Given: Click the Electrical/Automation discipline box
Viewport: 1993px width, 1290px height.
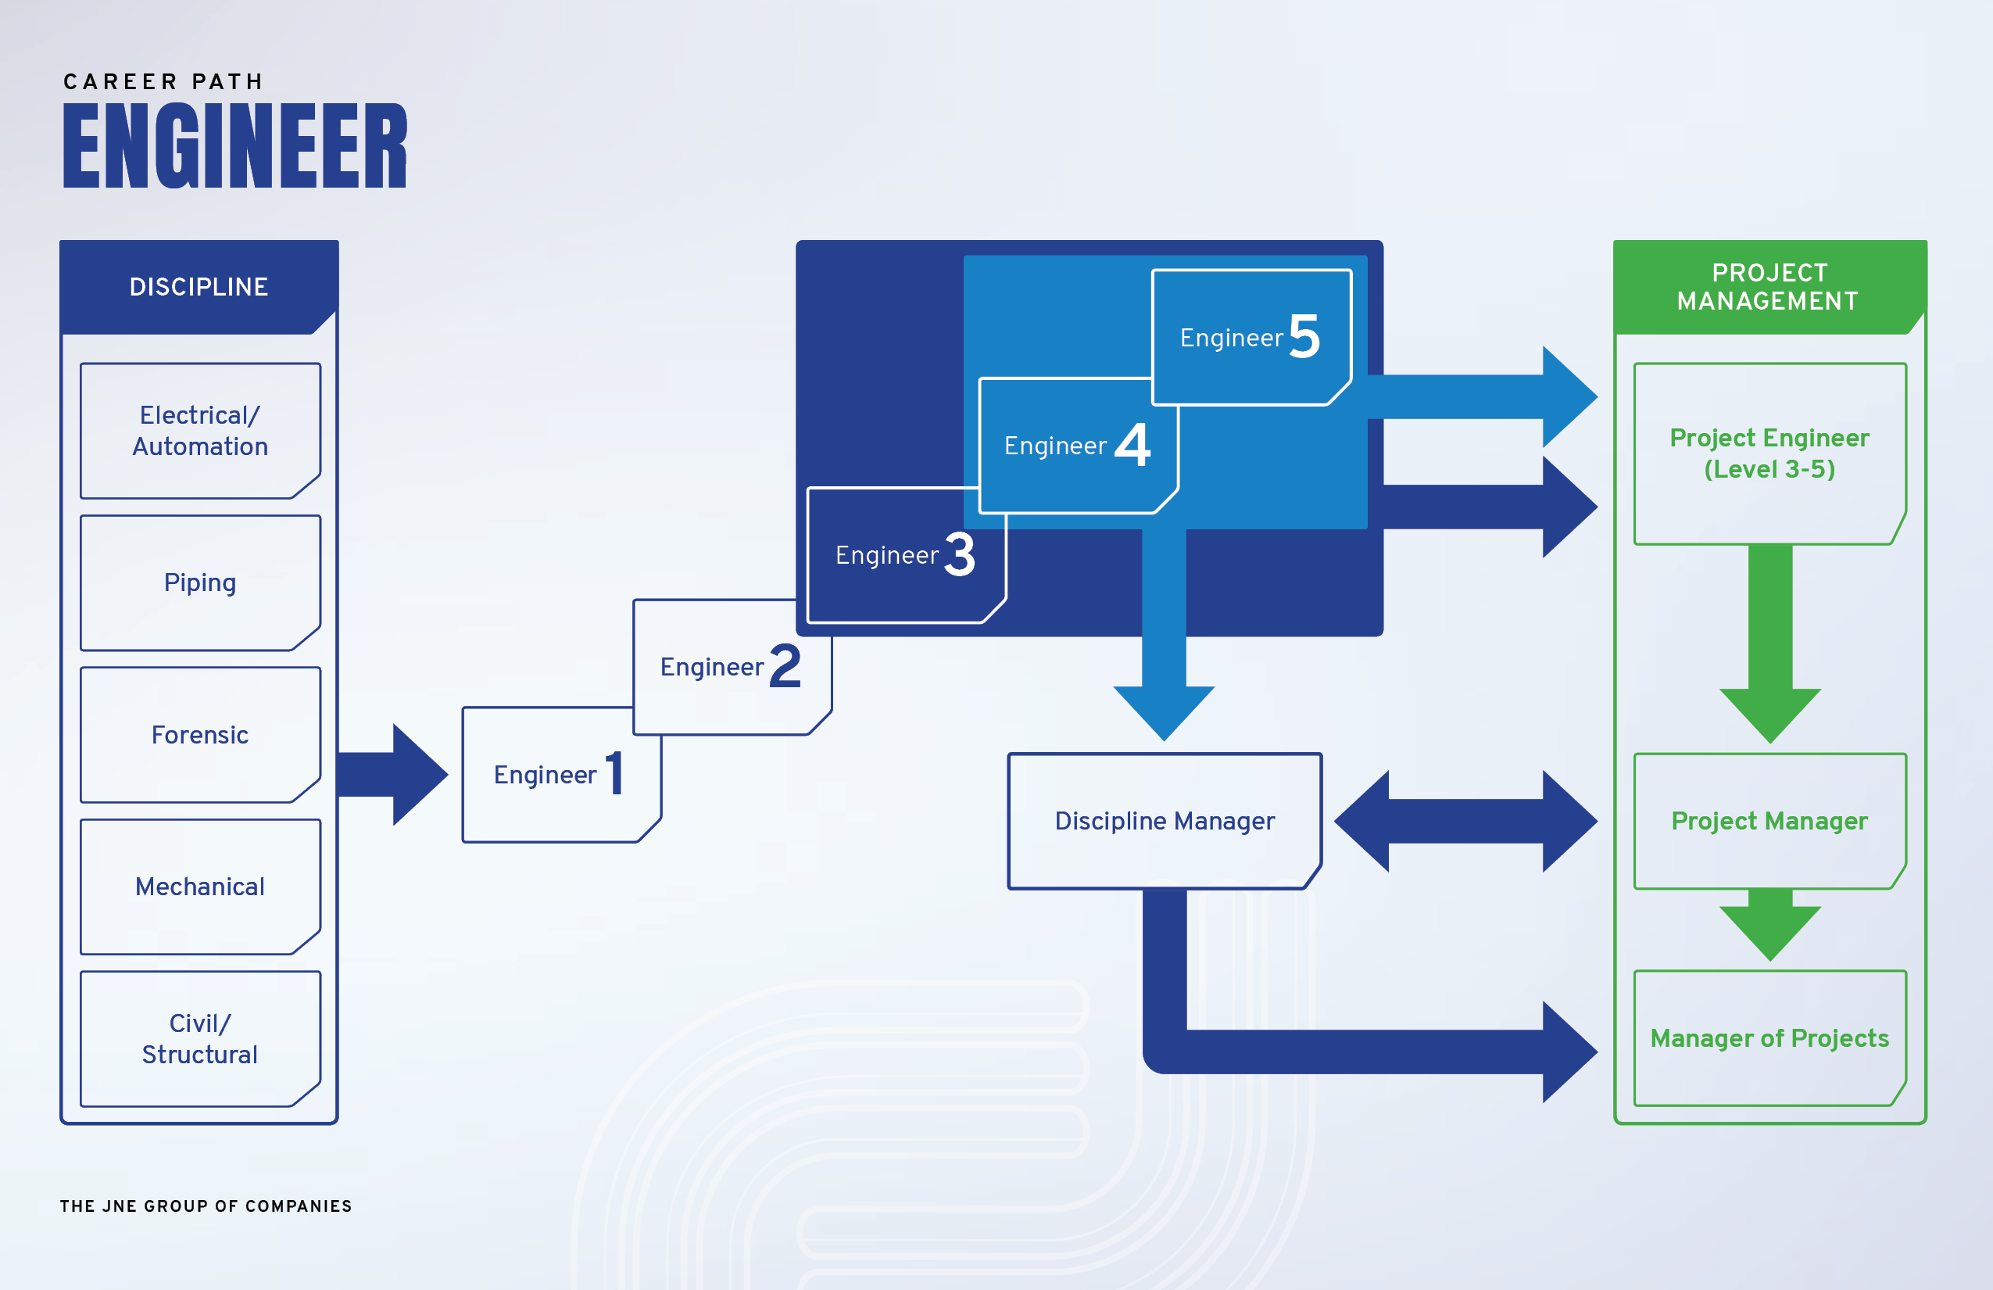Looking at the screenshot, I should pos(200,431).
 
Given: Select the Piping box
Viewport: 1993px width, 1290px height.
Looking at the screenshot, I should pos(200,582).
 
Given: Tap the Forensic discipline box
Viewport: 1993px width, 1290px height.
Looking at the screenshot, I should pos(200,735).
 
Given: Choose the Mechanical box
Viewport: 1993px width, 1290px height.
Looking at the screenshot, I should pos(200,887).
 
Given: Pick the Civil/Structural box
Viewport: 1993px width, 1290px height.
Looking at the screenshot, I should pos(200,1039).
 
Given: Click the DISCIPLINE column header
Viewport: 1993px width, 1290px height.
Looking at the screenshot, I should pos(199,286).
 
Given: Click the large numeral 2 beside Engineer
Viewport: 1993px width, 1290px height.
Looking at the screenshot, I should pos(785,666).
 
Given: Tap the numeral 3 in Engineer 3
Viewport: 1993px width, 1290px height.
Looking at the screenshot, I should pos(960,554).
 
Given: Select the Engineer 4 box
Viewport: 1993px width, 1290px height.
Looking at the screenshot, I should pos(1078,446).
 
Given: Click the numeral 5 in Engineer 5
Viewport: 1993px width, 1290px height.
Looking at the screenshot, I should pos(1304,337).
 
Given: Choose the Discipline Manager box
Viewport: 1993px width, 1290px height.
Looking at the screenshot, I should pos(1165,821).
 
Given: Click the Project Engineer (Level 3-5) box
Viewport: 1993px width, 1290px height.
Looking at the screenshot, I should pos(1769,453).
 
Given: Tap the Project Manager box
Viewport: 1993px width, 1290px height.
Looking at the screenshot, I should pos(1769,821).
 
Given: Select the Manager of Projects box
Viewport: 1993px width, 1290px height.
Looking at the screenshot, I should pos(1769,1039).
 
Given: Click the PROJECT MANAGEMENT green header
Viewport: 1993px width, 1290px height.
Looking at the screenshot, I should pos(1769,286).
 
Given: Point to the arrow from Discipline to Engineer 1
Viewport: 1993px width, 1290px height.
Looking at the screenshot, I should pos(394,775).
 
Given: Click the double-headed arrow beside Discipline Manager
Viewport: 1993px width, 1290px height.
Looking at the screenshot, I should pos(1465,821).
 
